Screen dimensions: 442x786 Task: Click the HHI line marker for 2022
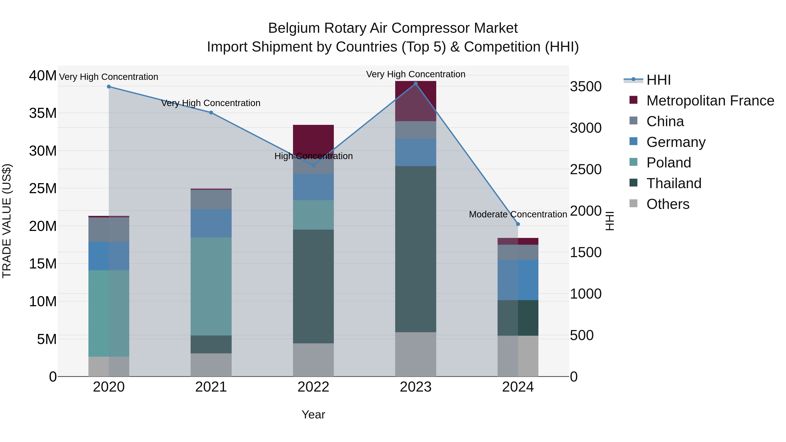pos(313,165)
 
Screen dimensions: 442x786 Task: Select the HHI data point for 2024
pos(518,224)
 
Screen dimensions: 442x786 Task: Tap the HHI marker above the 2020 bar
pos(109,87)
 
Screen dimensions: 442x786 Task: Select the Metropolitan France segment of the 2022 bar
pos(313,137)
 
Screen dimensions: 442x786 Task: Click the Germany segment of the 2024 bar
pos(518,280)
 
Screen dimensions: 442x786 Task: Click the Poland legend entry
pos(669,163)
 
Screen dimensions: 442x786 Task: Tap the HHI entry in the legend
pos(658,80)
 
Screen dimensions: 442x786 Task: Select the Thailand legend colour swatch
pos(633,183)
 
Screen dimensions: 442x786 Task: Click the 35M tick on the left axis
pos(43,113)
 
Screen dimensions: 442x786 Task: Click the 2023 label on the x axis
pos(415,387)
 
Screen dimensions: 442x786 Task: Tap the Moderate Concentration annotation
pos(518,214)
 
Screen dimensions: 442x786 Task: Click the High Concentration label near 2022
pos(313,156)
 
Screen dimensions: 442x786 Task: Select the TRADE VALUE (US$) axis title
pos(7,221)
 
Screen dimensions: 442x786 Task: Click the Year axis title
pos(313,414)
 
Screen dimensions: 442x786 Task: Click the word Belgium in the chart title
pos(294,28)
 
